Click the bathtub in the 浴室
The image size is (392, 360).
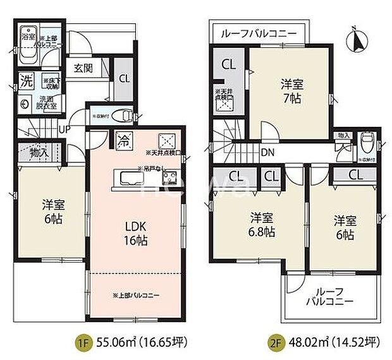point(28,47)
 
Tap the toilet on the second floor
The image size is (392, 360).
point(366,142)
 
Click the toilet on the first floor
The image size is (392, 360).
point(126,116)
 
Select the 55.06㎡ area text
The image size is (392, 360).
point(139,343)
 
